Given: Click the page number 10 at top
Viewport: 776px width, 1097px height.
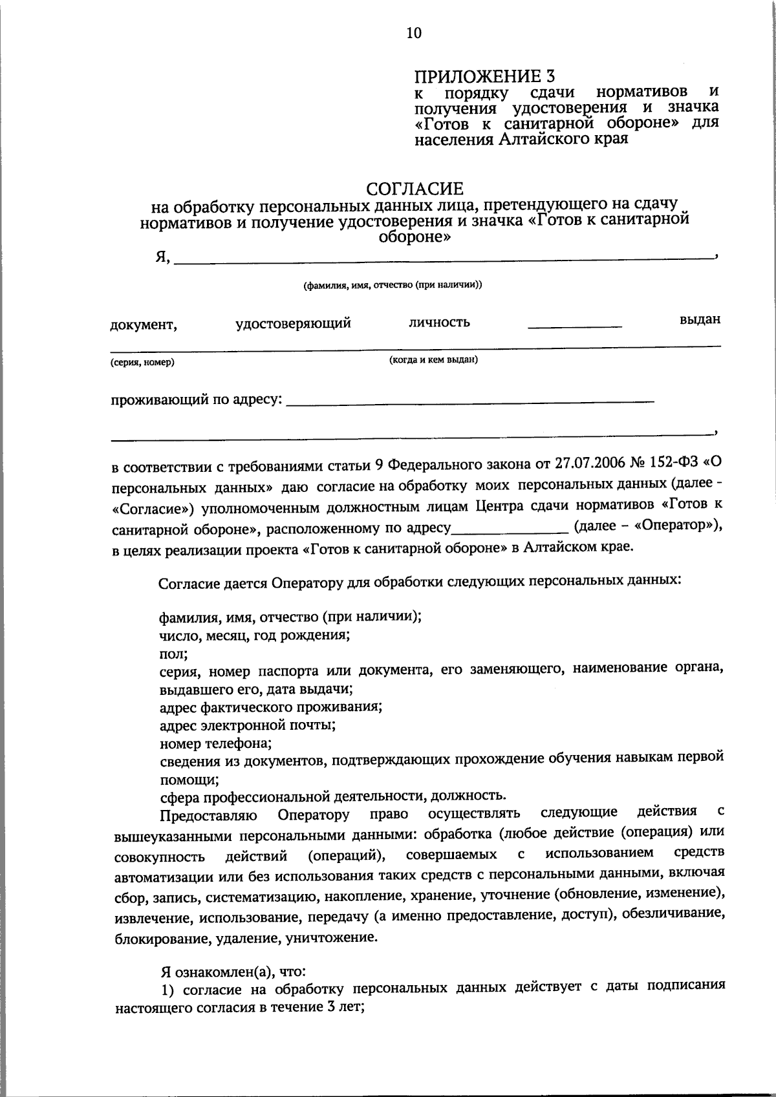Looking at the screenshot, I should (x=414, y=33).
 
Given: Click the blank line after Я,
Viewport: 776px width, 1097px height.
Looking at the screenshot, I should (x=443, y=259).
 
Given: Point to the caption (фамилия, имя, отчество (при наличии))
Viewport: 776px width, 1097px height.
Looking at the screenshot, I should (x=393, y=284).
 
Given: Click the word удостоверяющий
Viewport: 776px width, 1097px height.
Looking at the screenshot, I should (x=293, y=323).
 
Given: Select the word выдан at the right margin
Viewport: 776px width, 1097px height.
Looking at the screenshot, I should (x=700, y=319).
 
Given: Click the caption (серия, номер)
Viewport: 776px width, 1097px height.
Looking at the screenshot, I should (x=142, y=363).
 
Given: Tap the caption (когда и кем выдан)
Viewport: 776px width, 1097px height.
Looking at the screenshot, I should (x=433, y=359).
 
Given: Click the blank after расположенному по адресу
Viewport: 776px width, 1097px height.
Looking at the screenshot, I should (x=509, y=529).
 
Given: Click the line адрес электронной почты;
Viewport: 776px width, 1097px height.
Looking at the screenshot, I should (x=247, y=725).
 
